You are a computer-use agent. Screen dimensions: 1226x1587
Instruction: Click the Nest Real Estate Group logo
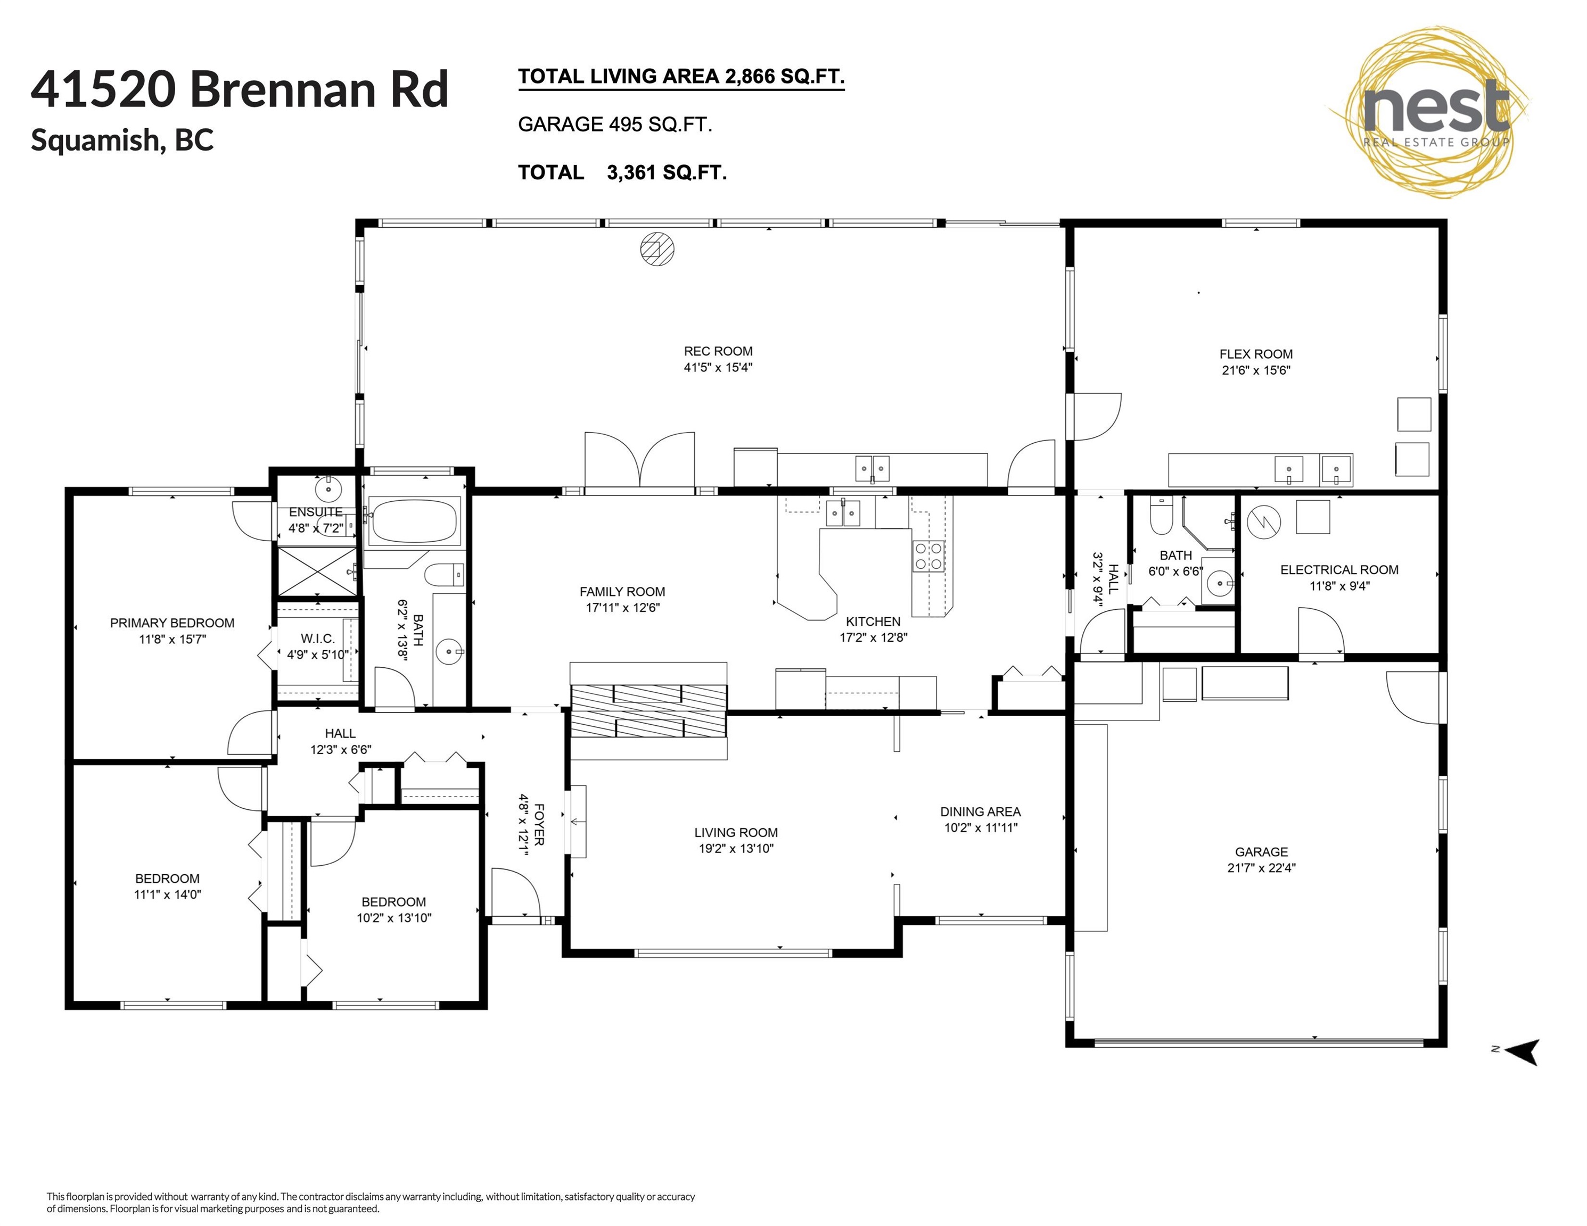1430,113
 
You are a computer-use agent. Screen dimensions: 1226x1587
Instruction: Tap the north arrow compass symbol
1523,1051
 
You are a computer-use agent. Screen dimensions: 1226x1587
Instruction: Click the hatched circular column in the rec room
657,249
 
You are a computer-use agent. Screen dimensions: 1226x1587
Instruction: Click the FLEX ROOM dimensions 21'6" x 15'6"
1256,370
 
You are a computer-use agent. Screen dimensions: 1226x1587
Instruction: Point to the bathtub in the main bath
414,520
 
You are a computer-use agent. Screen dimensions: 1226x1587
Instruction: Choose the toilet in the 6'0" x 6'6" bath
1161,516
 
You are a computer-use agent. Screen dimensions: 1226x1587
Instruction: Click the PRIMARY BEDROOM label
172,623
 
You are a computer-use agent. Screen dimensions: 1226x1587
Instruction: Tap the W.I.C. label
317,639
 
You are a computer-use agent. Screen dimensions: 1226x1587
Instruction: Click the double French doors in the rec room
639,460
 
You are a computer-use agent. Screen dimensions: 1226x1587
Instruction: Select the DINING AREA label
980,812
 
